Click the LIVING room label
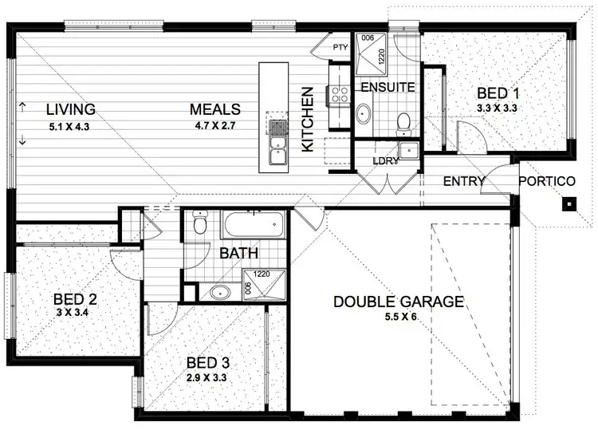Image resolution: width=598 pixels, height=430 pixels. click(70, 109)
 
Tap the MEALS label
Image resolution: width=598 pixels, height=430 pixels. click(215, 109)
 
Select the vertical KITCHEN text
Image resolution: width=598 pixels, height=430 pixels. click(308, 120)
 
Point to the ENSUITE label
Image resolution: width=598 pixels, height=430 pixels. click(387, 87)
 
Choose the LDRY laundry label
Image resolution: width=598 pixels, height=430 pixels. click(386, 161)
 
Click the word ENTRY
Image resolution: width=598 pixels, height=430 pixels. click(463, 182)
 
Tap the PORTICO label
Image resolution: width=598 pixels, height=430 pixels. click(547, 182)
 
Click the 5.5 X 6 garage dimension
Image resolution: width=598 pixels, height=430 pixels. click(399, 317)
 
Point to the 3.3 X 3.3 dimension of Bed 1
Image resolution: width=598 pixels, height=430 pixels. click(498, 107)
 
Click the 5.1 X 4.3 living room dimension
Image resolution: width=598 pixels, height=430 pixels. click(70, 125)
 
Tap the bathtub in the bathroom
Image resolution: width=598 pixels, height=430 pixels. click(253, 224)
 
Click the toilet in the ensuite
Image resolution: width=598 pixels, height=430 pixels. click(403, 121)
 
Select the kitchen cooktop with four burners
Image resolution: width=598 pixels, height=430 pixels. click(339, 95)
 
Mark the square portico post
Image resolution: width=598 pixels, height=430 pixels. click(568, 204)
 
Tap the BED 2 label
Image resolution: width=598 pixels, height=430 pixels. click(76, 300)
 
